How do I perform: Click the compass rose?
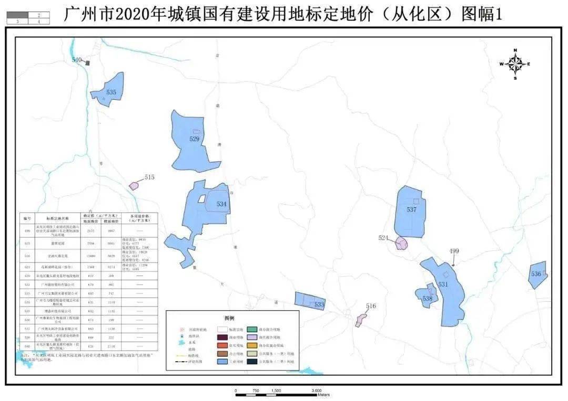[x=515, y=64]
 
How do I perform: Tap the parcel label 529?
[x=195, y=139]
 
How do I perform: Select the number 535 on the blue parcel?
[x=111, y=92]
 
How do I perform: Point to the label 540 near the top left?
[x=77, y=60]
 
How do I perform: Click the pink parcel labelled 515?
[x=134, y=185]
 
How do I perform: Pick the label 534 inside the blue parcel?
[x=221, y=204]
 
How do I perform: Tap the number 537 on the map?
[x=411, y=209]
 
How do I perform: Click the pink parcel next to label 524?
[x=401, y=243]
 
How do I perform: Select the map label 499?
[x=454, y=251]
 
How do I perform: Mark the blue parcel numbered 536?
[x=536, y=275]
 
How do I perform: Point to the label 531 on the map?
[x=443, y=284]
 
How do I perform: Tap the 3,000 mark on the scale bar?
[x=317, y=391]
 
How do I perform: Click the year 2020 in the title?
[x=127, y=15]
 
